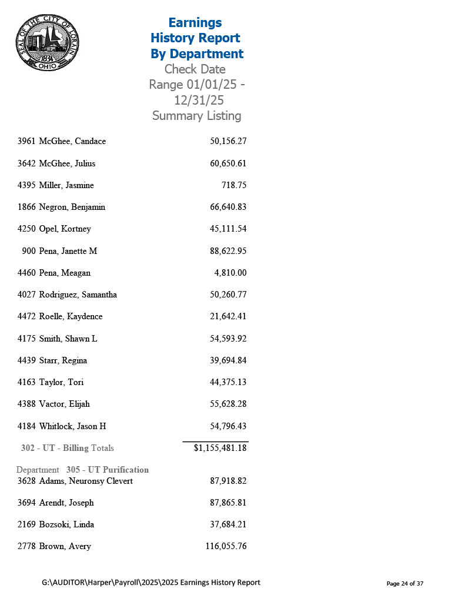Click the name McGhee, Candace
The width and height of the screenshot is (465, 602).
72,142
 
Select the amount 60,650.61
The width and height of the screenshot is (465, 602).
228,163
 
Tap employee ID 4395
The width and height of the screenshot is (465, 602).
27,185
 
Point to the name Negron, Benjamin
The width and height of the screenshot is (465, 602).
72,207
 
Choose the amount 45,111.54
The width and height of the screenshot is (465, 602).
228,229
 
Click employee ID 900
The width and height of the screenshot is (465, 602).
29,251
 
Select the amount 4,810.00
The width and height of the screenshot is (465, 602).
230,273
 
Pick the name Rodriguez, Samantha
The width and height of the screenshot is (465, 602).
78,295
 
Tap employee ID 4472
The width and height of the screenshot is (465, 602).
27,316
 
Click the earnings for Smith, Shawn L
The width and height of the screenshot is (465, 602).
228,339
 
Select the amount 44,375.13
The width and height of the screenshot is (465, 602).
228,382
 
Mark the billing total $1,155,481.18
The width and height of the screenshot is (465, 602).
220,448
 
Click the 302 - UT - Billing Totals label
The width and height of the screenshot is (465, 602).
67,448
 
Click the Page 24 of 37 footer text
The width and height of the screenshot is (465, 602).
404,583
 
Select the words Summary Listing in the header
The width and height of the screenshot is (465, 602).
196,116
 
